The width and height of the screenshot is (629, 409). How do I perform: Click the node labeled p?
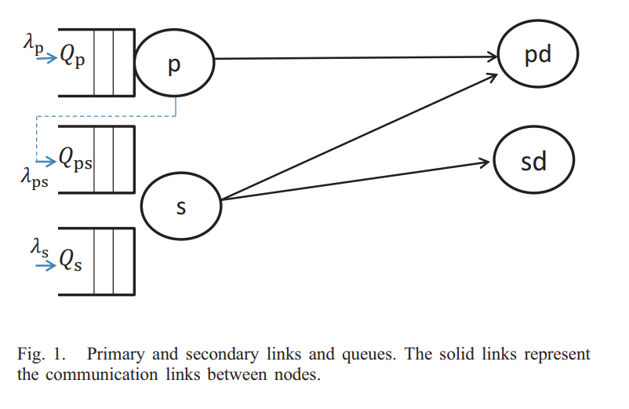[x=174, y=64]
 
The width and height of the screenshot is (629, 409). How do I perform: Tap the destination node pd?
[x=538, y=56]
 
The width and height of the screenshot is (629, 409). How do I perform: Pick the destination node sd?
[x=533, y=162]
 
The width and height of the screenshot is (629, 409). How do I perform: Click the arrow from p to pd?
[x=353, y=57]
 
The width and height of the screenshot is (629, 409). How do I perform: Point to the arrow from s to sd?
[x=353, y=181]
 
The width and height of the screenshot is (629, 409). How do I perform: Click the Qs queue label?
[x=71, y=261]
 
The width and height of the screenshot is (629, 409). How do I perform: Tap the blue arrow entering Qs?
[x=45, y=264]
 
